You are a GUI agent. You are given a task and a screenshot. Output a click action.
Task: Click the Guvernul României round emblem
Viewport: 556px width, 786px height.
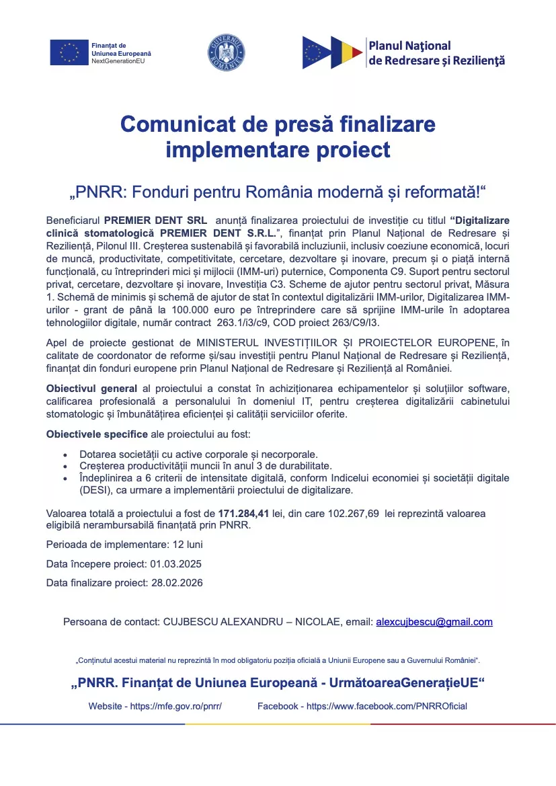pyautogui.click(x=226, y=52)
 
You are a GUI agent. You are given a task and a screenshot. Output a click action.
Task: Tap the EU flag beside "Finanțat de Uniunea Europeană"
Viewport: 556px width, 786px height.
pyautogui.click(x=69, y=52)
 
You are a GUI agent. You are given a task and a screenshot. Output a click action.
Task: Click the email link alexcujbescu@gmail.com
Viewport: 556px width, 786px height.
pyautogui.click(x=434, y=622)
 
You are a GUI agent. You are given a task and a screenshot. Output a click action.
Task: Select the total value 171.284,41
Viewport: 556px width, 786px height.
pyautogui.click(x=243, y=514)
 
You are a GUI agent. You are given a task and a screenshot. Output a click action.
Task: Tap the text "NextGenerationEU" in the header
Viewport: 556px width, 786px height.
pyautogui.click(x=118, y=61)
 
